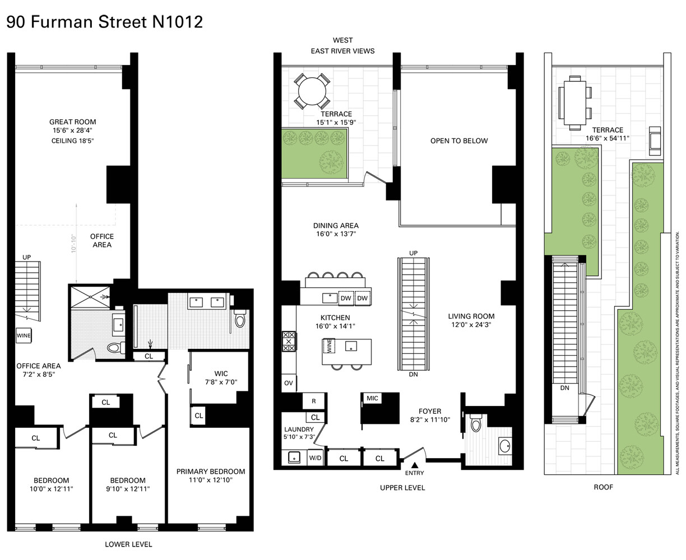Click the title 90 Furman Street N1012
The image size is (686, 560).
(104, 22)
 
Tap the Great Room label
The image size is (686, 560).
(72, 122)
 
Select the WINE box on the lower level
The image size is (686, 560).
(24, 335)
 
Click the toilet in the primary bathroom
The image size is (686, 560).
(240, 319)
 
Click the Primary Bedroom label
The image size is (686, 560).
(211, 472)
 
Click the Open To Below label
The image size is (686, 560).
(459, 141)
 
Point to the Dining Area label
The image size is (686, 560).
(335, 226)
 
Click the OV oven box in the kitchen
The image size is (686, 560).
(288, 383)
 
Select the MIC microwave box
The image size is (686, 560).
(372, 398)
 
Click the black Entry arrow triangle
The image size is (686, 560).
(415, 465)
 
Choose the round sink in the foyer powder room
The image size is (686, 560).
(504, 446)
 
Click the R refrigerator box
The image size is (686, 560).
(313, 401)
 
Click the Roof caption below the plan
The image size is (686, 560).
(603, 487)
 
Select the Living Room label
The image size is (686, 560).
(471, 316)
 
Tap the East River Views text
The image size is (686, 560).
(342, 51)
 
